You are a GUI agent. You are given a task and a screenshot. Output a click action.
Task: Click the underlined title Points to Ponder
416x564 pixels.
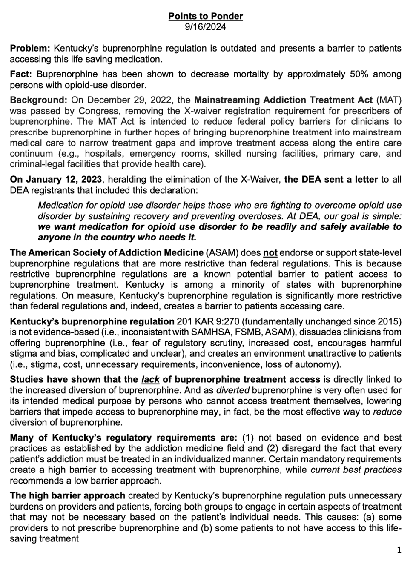[206, 16]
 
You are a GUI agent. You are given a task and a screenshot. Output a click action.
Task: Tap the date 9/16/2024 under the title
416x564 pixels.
[206, 26]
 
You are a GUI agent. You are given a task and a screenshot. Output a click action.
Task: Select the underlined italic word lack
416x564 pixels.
[151, 380]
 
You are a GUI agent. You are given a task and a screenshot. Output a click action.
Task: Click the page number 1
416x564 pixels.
[399, 550]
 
